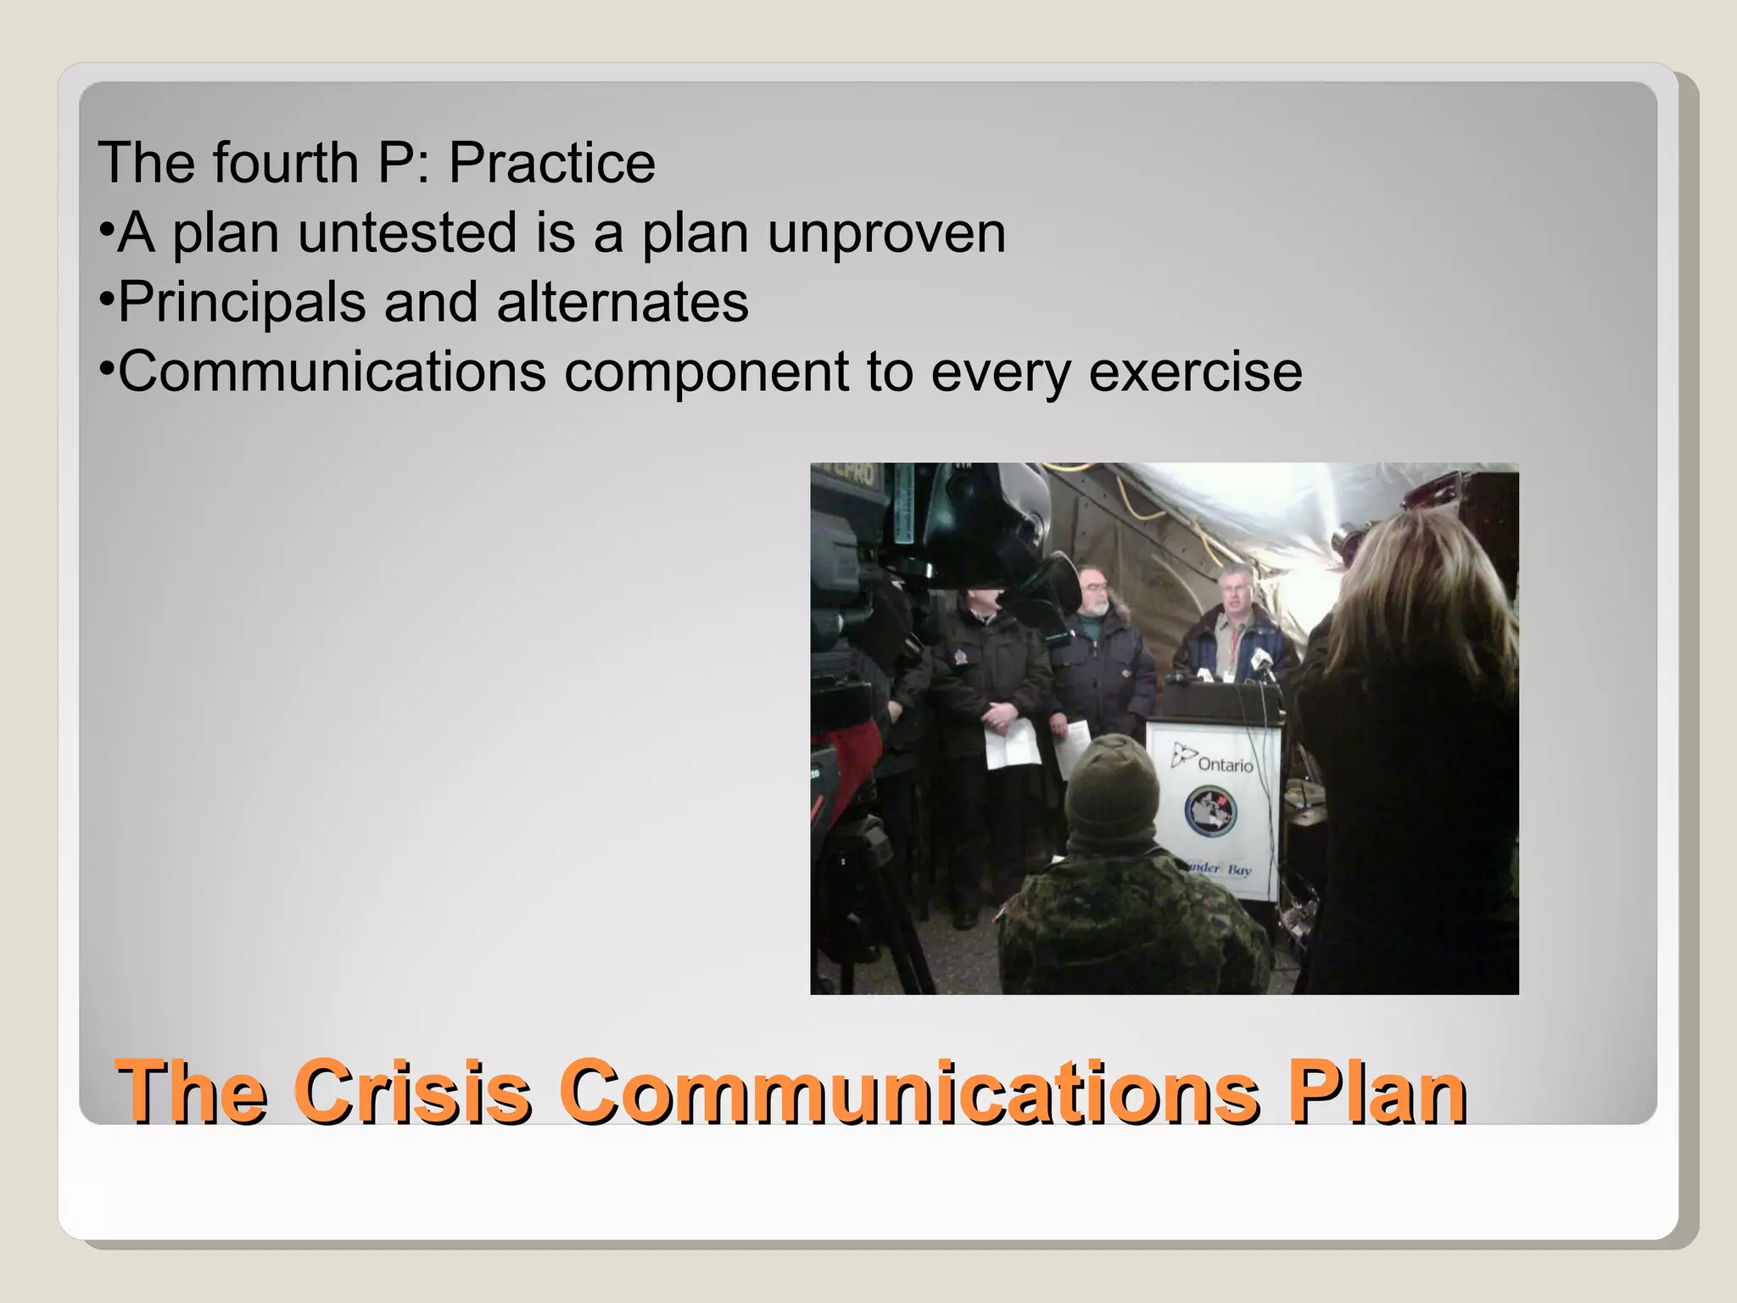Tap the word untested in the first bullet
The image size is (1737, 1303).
(407, 232)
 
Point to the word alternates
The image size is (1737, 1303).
(623, 302)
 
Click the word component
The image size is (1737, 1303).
(706, 372)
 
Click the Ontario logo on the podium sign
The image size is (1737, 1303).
(1212, 758)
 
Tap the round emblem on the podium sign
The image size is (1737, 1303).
(1210, 810)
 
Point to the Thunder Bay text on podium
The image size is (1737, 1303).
(1219, 869)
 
